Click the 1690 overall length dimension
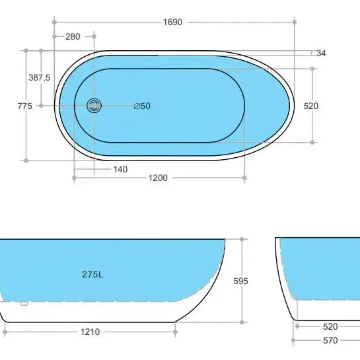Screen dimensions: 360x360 click(x=173, y=22)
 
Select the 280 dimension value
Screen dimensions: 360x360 click(x=73, y=36)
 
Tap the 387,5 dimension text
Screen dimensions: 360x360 click(x=39, y=77)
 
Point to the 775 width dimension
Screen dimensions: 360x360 click(x=25, y=106)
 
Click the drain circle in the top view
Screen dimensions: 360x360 click(x=95, y=105)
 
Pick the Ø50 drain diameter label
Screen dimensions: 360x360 click(x=142, y=106)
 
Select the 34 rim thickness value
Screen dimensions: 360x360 click(x=321, y=53)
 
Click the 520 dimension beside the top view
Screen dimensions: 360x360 click(x=311, y=106)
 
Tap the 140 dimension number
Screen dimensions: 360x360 click(x=120, y=169)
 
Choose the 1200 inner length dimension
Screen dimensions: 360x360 click(x=158, y=178)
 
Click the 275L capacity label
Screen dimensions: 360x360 click(x=92, y=274)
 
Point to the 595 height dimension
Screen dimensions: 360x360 click(x=241, y=281)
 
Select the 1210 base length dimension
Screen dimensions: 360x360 click(x=90, y=332)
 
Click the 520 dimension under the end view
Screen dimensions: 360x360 click(x=330, y=326)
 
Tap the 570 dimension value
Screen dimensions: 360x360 click(x=330, y=341)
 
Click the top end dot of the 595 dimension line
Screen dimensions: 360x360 click(x=243, y=238)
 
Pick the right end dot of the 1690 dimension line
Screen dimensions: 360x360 click(x=294, y=22)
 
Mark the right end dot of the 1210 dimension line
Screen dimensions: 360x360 click(x=176, y=332)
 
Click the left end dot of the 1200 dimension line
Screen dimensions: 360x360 click(x=73, y=178)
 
